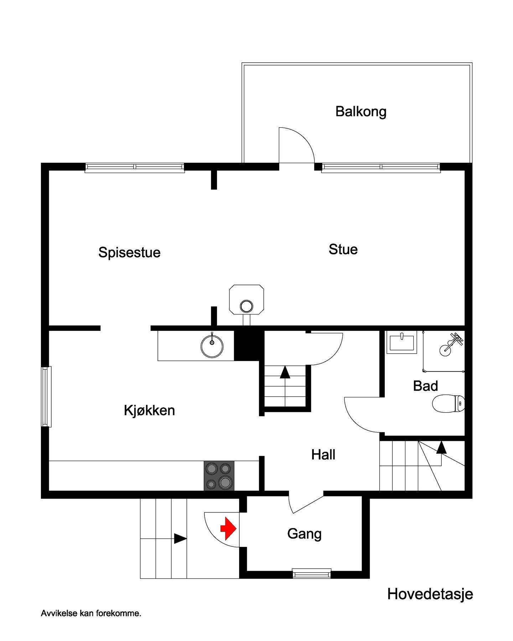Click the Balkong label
[361, 112]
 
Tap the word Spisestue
[129, 252]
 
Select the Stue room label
[343, 249]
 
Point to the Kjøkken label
[149, 410]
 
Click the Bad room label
[425, 386]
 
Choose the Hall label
[323, 455]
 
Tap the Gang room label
[304, 534]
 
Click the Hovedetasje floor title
[430, 594]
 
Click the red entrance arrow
[228, 528]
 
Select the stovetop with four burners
[219, 475]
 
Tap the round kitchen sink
[212, 346]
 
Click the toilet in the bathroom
[448, 403]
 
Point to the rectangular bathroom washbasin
[401, 342]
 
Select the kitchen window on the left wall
[46, 396]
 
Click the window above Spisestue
[135, 167]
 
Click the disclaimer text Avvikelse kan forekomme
[91, 613]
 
